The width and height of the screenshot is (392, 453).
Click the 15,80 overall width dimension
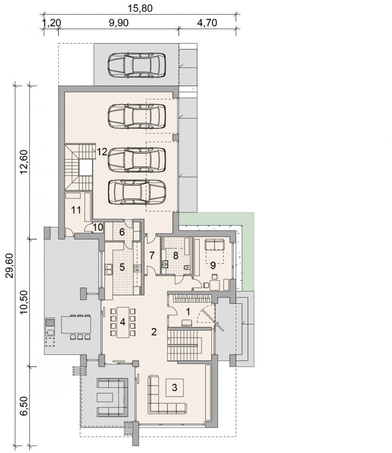[x=141, y=8]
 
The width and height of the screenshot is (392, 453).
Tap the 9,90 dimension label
[x=119, y=23]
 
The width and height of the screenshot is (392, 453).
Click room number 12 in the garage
[x=102, y=152]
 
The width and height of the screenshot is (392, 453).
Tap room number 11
[x=76, y=210]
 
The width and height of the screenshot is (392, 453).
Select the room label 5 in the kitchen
[x=122, y=267]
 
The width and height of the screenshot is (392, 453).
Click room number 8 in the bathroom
[x=175, y=256]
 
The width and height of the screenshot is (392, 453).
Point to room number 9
[x=213, y=265]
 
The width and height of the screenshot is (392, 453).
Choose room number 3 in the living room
[x=174, y=387]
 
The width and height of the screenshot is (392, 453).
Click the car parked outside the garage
[x=137, y=65]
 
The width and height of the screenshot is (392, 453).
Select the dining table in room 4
[x=123, y=323]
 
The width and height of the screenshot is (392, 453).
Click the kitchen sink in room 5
[x=109, y=268]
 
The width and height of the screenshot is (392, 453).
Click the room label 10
[x=98, y=227]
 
